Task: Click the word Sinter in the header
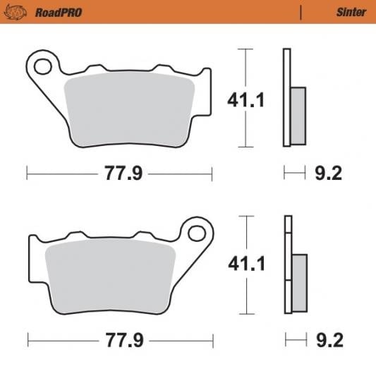(351, 12)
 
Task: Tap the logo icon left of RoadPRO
(20, 12)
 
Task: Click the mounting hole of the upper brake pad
(42, 68)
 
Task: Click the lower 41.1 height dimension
(245, 265)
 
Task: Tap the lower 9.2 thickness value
(328, 341)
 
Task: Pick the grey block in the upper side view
(298, 116)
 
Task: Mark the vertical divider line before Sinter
(301, 12)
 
